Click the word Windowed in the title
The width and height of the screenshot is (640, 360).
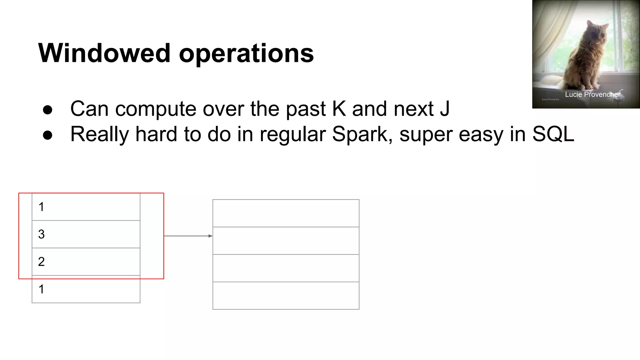tap(104, 53)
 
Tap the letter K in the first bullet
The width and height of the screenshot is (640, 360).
tap(339, 109)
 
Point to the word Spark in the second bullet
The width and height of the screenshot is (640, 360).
tap(360, 134)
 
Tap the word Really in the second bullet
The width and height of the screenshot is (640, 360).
tap(99, 134)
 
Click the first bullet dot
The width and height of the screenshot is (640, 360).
tap(47, 110)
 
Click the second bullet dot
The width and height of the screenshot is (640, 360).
tap(47, 135)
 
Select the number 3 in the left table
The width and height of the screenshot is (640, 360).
tap(41, 234)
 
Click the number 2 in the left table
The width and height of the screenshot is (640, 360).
tap(41, 262)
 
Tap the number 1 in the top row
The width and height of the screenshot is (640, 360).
tap(41, 207)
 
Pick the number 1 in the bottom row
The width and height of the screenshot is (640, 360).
tap(41, 289)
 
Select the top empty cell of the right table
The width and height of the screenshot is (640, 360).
tap(286, 213)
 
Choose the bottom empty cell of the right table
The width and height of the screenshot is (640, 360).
tap(286, 296)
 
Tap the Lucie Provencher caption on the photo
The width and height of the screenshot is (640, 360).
tap(592, 94)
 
